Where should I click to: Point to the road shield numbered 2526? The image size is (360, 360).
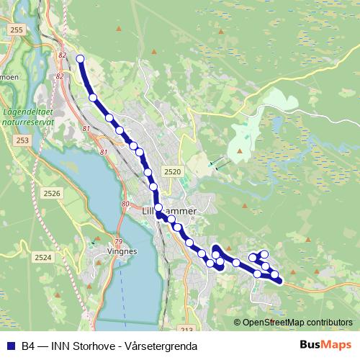pyautogui.click(x=52, y=193)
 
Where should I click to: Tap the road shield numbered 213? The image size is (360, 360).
pyautogui.click(x=187, y=330)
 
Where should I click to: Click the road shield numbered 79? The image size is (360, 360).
pyautogui.click(x=119, y=241)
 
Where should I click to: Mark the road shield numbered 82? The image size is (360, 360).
pyautogui.click(x=61, y=55)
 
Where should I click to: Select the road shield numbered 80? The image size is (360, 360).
pyautogui.click(x=125, y=204)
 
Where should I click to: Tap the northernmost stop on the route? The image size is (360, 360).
pyautogui.click(x=80, y=59)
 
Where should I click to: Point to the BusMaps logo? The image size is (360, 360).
pyautogui.click(x=325, y=345)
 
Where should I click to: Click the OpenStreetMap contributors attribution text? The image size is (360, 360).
pyautogui.click(x=297, y=322)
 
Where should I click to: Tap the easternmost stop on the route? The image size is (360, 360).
pyautogui.click(x=274, y=275)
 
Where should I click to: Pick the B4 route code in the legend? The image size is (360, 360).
pyautogui.click(x=28, y=346)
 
